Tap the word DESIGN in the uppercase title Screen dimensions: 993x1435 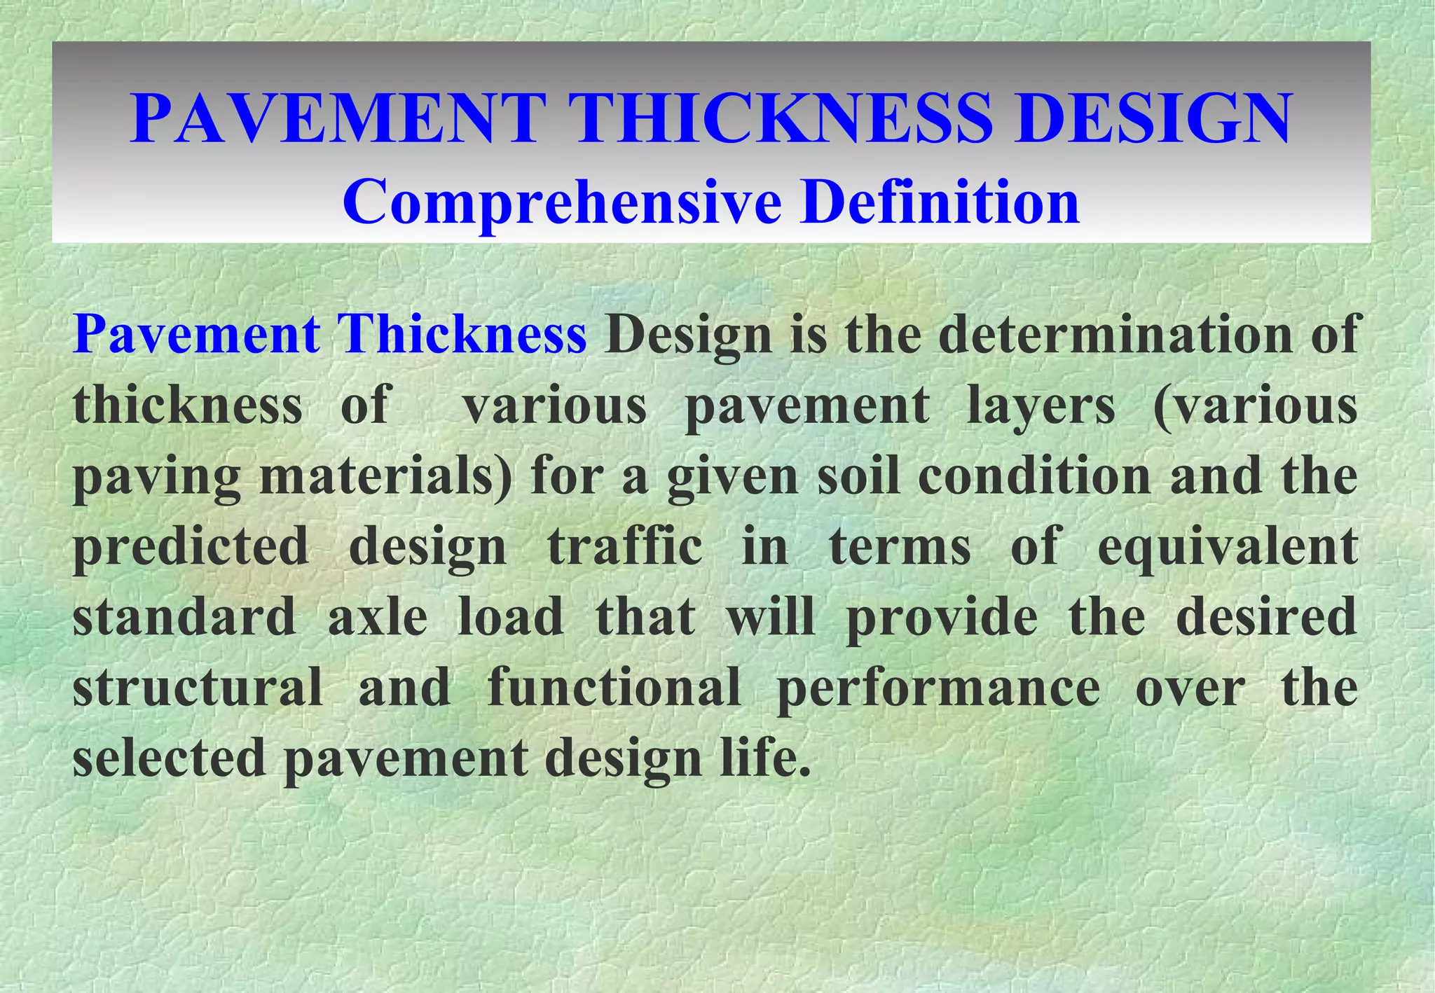[1153, 118]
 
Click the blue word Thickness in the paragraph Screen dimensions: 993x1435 [462, 335]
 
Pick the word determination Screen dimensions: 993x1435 [1115, 335]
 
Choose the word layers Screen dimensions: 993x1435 [1041, 406]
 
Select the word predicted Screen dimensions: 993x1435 [191, 548]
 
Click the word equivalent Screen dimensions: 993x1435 [1228, 548]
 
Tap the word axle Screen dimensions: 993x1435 [378, 617]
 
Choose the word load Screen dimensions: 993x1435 [511, 617]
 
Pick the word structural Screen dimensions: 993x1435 [198, 688]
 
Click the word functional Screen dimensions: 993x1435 [614, 688]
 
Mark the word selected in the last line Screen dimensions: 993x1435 [169, 758]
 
